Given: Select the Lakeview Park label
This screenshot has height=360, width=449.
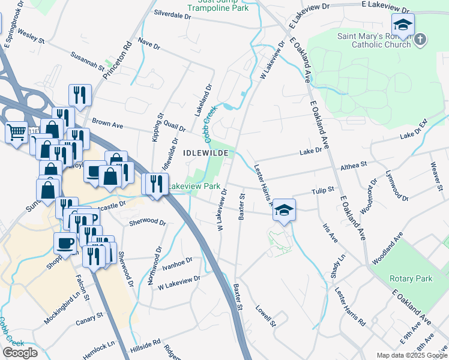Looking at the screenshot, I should point(192,187).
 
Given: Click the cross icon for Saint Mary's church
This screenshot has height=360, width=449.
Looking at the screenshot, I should point(420,40).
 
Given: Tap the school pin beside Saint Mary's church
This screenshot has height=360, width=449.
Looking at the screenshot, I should point(403,25).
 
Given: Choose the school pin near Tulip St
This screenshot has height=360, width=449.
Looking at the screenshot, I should point(285,211).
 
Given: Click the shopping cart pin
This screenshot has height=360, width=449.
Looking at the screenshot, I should point(17,131).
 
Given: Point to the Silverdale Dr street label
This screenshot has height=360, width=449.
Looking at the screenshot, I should point(172,14).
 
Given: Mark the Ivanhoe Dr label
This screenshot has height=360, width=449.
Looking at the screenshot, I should point(177,262).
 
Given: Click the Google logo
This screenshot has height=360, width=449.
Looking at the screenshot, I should point(20,353).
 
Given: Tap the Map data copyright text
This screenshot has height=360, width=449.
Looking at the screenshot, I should point(412,355).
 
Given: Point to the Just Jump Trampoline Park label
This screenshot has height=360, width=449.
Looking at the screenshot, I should point(217,6).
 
